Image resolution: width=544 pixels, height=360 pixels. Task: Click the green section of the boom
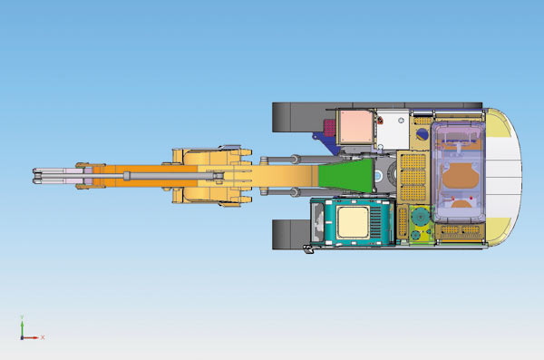click(345, 176)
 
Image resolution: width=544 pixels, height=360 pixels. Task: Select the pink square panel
click(355, 127)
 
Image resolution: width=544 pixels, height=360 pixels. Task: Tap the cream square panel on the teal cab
click(353, 222)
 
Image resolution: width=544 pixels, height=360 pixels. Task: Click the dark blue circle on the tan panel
click(422, 134)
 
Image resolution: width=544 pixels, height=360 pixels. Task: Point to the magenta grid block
click(330, 128)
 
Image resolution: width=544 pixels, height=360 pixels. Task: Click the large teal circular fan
click(420, 217)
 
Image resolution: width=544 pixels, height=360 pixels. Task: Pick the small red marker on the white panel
click(380, 121)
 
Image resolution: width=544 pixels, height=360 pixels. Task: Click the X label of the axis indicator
click(43, 337)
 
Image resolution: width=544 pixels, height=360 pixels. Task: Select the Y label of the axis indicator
click(22, 317)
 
